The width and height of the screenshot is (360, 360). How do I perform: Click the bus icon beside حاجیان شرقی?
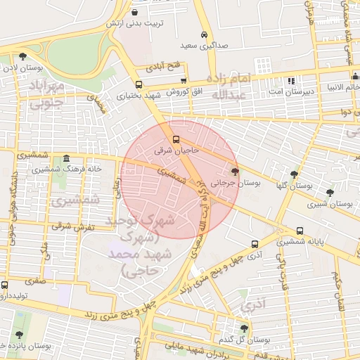[176, 139]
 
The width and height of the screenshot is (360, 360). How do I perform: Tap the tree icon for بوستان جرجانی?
[235, 171]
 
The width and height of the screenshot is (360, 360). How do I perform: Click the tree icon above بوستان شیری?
[330, 192]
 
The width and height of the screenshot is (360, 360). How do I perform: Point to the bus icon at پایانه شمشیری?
[300, 230]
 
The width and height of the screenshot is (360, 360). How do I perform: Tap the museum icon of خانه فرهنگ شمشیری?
[66, 158]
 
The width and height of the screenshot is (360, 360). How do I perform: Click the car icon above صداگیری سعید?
[204, 34]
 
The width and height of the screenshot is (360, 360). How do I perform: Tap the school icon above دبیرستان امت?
[291, 81]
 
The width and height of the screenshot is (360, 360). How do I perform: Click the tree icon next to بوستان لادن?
[23, 56]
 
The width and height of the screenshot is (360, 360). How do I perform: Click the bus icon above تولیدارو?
[4, 285]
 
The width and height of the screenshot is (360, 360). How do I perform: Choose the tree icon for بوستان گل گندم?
[244, 328]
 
